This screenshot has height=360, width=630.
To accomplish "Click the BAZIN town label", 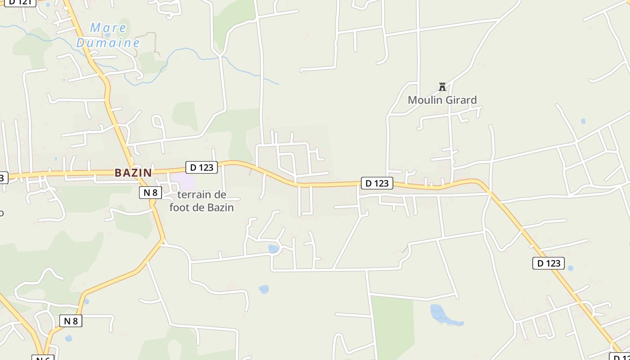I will point(133,173).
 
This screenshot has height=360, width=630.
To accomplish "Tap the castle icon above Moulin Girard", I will point(442,87).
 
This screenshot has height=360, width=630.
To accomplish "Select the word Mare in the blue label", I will point(108,28).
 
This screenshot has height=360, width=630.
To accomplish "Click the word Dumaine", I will point(108,43).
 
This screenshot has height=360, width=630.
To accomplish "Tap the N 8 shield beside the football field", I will point(150,193).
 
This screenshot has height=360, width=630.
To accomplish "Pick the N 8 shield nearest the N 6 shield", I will point(71,321).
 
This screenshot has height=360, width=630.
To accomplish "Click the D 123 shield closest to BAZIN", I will point(202,167).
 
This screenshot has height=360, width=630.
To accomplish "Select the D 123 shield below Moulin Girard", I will point(377,183).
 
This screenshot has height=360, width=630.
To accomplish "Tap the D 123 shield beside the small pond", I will point(549,263).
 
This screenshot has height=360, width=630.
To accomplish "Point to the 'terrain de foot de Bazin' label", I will point(202,201).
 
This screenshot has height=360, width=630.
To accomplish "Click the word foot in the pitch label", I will point(180,207).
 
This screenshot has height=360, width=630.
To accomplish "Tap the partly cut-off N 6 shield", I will point(43,358).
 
